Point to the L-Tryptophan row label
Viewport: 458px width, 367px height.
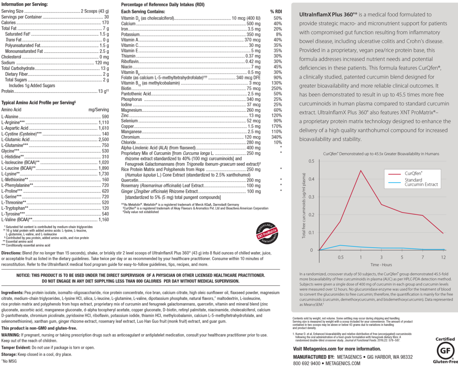15,208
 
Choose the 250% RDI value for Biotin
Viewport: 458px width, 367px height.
277,88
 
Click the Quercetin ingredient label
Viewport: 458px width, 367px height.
129,180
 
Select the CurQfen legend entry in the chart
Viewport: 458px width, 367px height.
413,173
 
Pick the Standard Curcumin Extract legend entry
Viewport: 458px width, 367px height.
421,182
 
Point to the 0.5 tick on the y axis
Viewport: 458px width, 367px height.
311,161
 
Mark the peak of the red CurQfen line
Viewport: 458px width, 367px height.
360,171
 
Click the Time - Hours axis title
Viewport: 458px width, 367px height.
381,265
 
